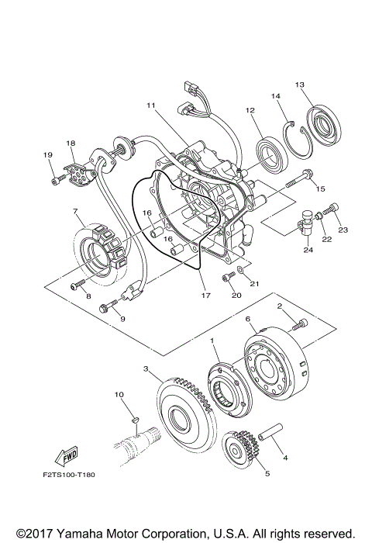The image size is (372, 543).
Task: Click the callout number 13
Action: coord(300,85)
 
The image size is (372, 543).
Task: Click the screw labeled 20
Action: coord(227,278)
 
